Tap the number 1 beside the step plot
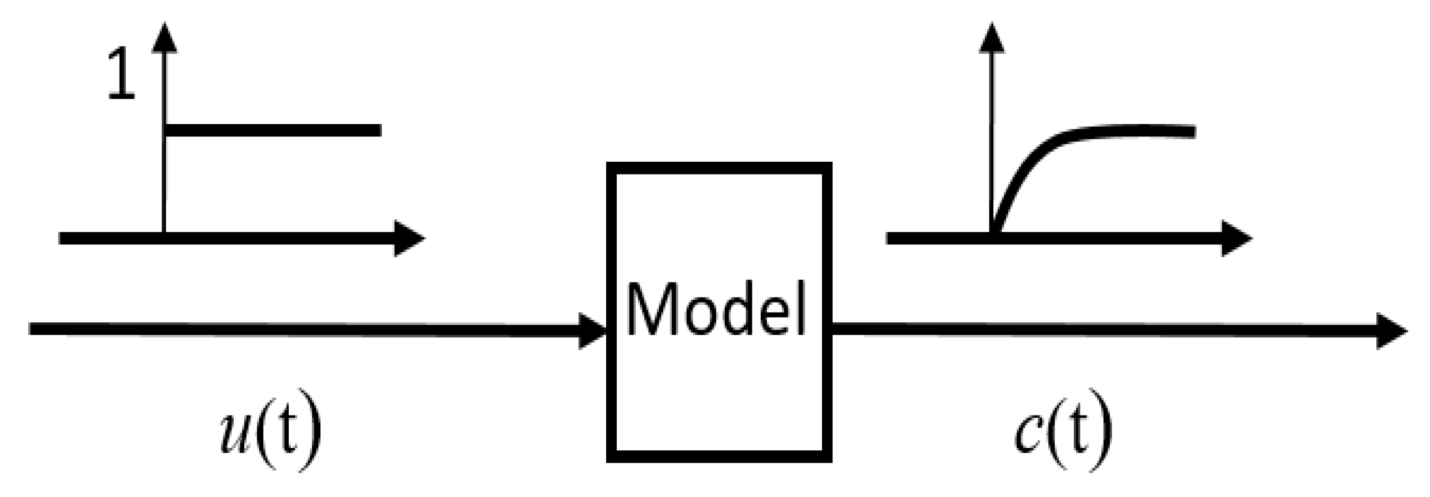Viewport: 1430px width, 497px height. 120,74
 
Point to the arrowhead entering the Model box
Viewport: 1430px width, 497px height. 593,331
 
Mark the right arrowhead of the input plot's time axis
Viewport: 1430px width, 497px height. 408,239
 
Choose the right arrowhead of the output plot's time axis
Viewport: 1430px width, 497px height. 1236,239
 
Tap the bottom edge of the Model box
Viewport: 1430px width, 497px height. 719,457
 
